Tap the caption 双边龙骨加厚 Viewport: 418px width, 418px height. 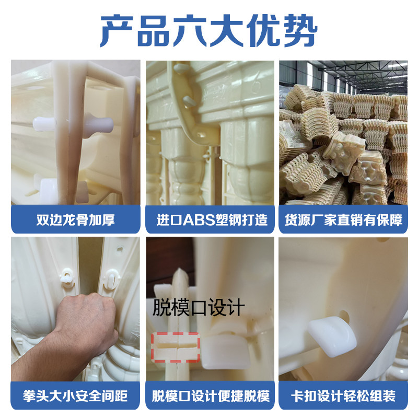75,220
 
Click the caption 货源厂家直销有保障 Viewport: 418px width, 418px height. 343,220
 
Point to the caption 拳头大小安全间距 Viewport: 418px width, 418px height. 75,396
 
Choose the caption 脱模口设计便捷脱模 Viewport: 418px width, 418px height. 211,396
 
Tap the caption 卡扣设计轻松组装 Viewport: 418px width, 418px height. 343,396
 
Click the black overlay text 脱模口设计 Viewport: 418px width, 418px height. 199,307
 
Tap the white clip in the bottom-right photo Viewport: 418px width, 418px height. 332,336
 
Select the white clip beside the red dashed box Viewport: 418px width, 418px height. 226,352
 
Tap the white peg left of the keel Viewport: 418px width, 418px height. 44,124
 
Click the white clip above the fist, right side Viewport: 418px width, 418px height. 112,279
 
